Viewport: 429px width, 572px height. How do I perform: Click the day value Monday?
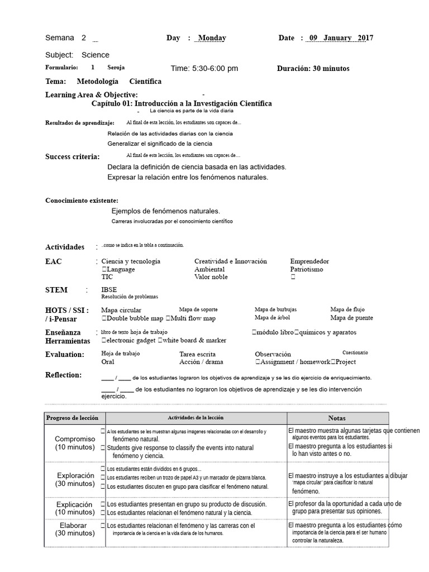tap(212, 38)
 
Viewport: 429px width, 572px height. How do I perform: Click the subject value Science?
tap(96, 55)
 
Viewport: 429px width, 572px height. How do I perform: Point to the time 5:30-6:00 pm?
tap(204, 69)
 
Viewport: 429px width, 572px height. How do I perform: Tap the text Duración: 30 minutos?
tap(313, 69)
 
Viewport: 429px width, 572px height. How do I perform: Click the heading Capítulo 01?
tap(181, 104)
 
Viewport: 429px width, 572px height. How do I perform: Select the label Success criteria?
tap(73, 157)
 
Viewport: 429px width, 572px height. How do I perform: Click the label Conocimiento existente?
tap(82, 201)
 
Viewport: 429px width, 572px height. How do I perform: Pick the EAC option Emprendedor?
tap(309, 261)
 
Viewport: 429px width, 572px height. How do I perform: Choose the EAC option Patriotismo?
tap(307, 269)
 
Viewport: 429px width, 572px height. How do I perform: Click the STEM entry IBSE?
tap(109, 290)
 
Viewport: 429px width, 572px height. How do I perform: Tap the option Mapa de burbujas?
tap(275, 309)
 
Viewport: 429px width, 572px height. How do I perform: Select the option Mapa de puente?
tap(351, 318)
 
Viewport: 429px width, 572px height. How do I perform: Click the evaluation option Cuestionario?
tap(355, 353)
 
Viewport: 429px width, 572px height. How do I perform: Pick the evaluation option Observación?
tap(273, 354)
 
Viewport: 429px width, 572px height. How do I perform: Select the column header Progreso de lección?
tap(72, 418)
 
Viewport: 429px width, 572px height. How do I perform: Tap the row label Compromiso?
tap(74, 439)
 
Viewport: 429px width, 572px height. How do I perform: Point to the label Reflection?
tap(63, 375)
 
